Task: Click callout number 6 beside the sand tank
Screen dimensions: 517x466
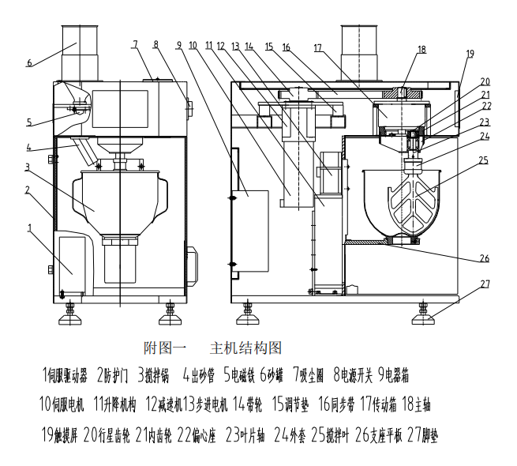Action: coord(29,62)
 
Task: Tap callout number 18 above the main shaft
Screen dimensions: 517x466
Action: coord(421,49)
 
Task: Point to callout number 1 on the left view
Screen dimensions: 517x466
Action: coord(30,229)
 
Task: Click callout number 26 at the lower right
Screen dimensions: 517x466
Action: coord(485,258)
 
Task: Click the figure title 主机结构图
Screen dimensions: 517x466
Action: coord(245,348)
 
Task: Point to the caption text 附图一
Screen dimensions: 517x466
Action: coord(164,348)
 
